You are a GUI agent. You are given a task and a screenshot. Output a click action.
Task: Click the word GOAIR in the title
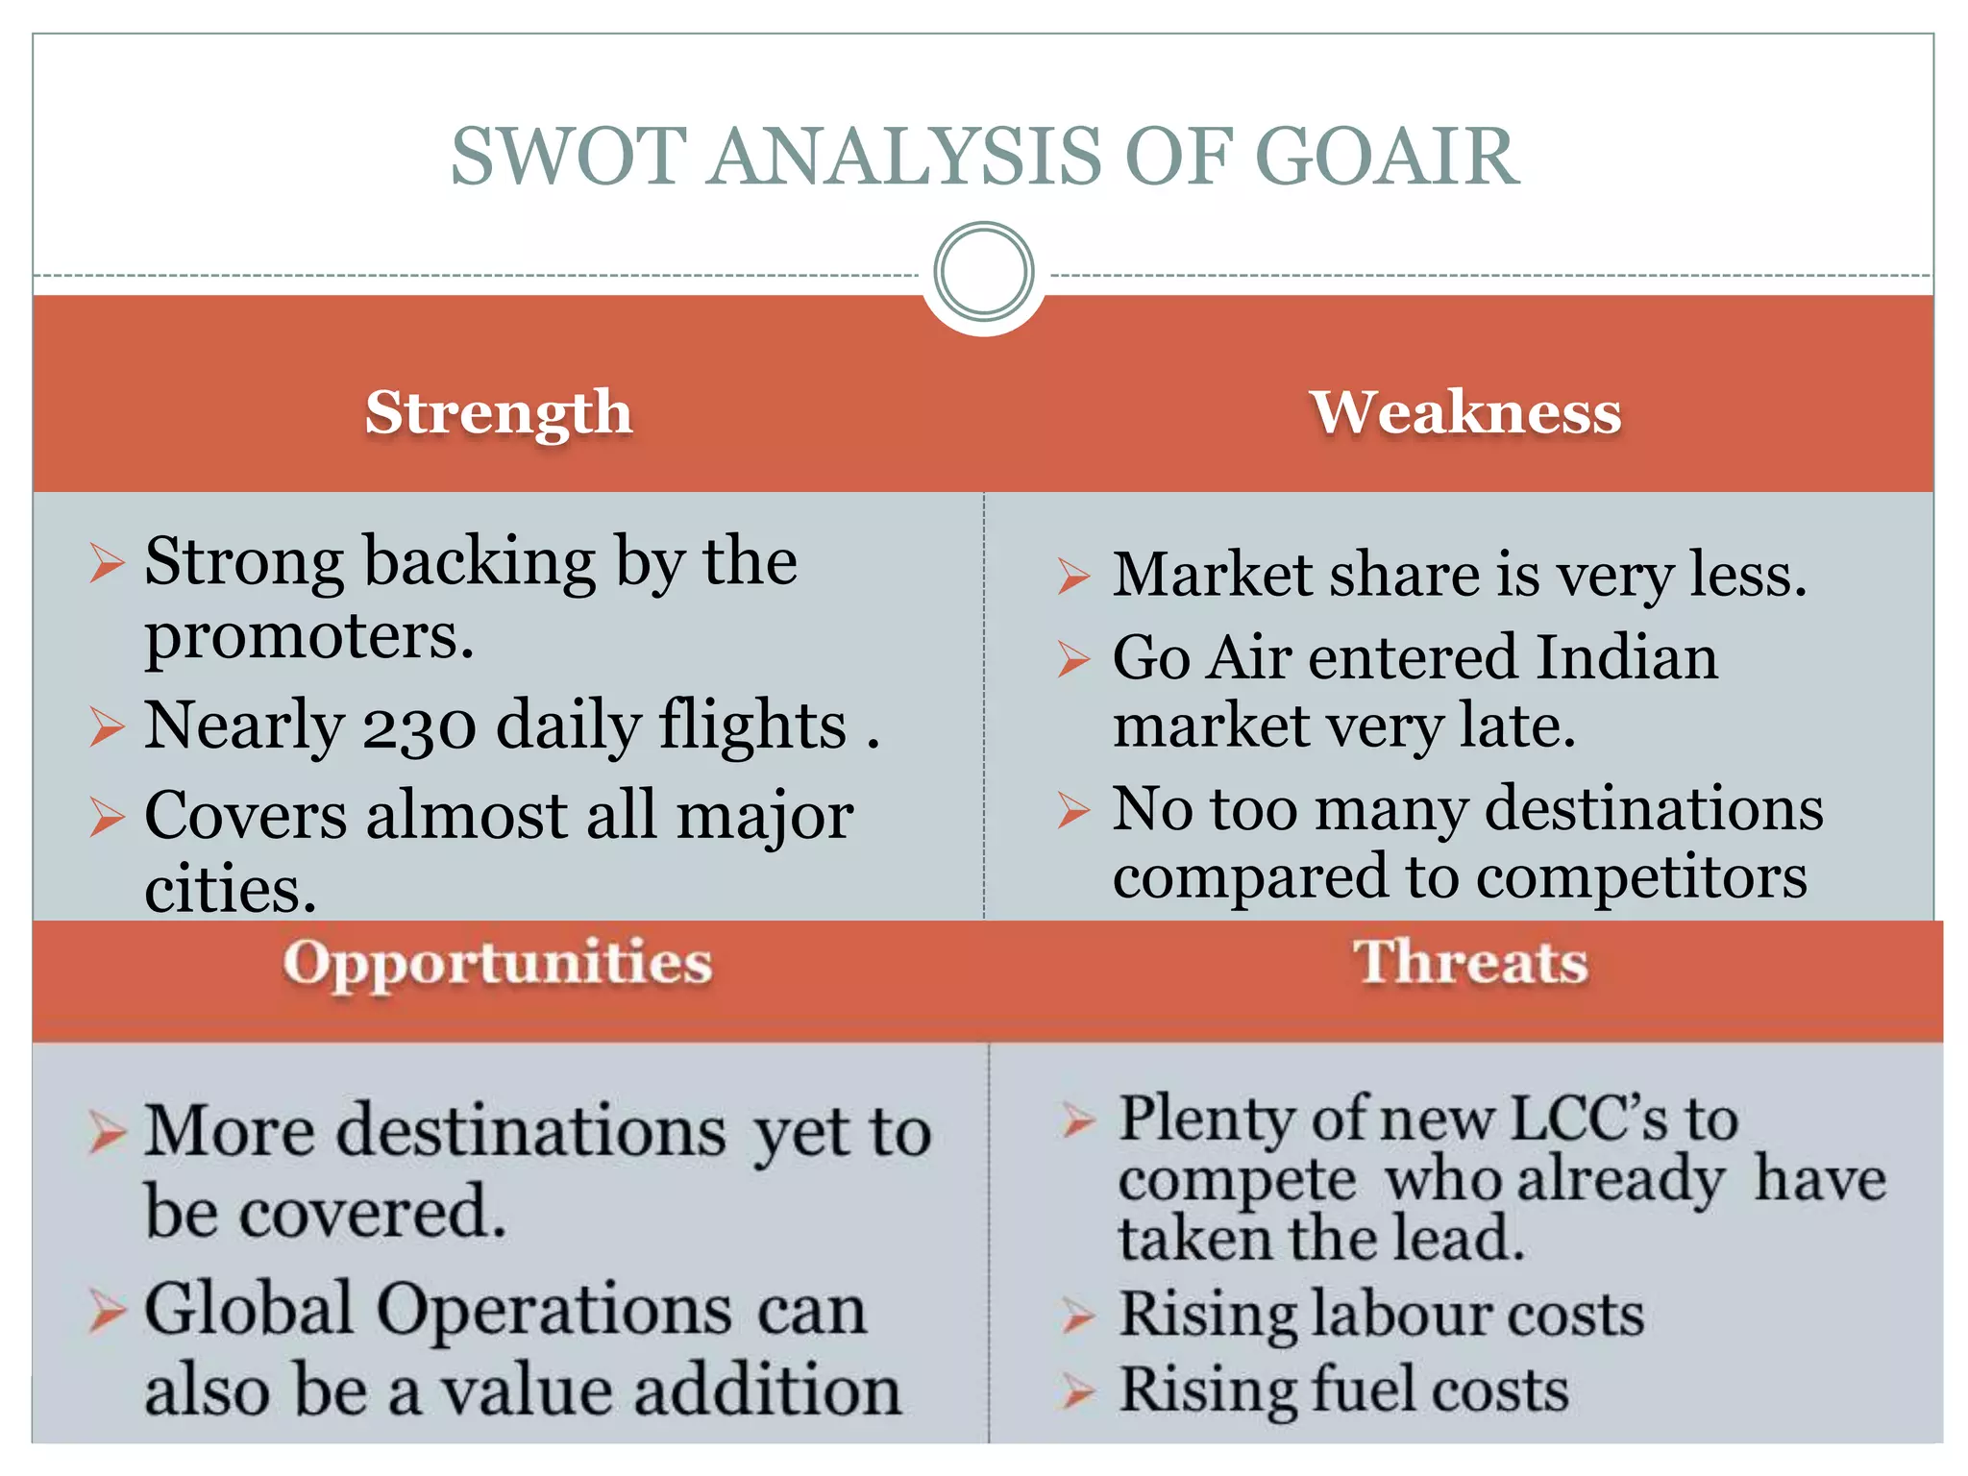point(1387,157)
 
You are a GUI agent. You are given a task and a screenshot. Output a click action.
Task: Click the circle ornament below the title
point(983,272)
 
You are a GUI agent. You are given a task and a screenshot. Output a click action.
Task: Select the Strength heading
point(499,412)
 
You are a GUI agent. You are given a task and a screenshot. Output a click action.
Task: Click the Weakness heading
point(1465,412)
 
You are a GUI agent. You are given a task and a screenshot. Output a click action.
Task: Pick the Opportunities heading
point(498,963)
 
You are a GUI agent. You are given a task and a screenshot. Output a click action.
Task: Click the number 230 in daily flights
point(419,726)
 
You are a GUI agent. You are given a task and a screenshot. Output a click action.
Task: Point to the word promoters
point(308,637)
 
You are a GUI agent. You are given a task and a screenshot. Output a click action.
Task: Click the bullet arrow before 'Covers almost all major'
point(108,817)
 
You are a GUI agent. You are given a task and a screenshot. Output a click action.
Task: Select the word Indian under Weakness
point(1626,658)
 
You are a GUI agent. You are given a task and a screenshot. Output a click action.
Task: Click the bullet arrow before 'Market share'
point(1073,576)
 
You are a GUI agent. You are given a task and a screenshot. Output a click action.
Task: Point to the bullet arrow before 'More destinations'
point(108,1132)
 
